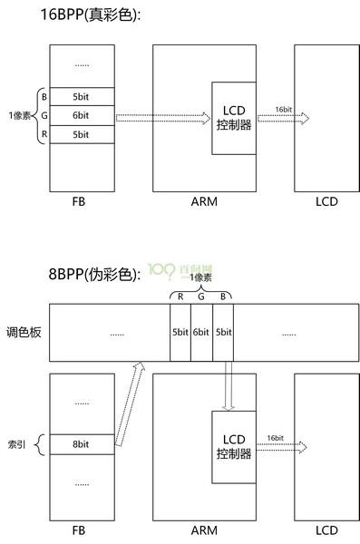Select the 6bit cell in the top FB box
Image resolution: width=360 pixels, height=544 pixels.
pos(82,115)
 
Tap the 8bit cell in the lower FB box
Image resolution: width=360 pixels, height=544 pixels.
pos(82,444)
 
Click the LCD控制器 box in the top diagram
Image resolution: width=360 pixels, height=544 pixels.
pos(234,118)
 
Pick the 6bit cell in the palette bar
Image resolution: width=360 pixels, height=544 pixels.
pos(201,333)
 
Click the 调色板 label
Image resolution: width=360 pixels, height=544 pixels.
pos(22,332)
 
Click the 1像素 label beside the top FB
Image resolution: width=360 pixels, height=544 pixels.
pos(18,115)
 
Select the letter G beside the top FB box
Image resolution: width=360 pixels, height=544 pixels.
pos(44,115)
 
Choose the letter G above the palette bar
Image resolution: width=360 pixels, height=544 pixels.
pos(201,296)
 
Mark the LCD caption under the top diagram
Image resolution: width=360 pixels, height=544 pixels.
pos(326,201)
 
